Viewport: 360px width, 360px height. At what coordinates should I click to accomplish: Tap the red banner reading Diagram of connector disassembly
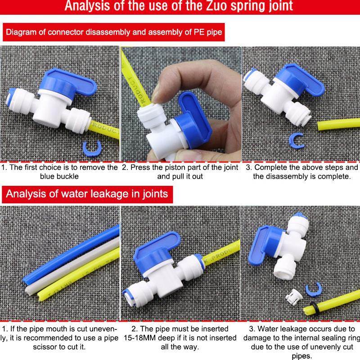(x=114, y=32)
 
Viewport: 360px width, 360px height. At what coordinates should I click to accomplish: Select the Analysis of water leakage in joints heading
(x=87, y=194)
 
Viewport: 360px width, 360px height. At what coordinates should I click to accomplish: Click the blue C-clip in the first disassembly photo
(x=92, y=148)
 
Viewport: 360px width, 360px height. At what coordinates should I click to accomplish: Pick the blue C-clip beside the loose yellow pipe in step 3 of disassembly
(x=296, y=140)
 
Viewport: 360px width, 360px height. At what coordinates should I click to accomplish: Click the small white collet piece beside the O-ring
(x=294, y=297)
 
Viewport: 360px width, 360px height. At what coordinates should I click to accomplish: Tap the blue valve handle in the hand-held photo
(x=195, y=119)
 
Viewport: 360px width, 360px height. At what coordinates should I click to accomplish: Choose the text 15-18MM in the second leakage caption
(x=139, y=338)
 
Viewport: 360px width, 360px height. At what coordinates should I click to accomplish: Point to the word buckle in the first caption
(x=69, y=176)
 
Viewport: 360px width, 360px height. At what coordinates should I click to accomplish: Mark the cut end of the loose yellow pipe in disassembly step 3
(x=319, y=126)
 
